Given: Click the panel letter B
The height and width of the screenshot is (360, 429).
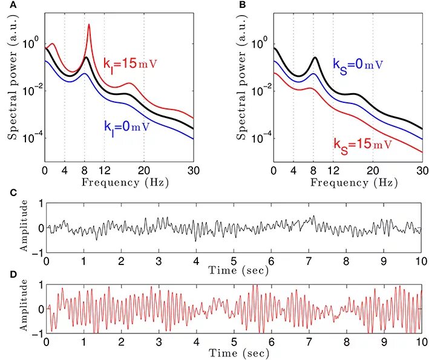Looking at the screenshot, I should tap(243, 5).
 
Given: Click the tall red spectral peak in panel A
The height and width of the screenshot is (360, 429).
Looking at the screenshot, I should tap(89, 25).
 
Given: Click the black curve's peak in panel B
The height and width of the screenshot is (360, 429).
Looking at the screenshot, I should tap(315, 57).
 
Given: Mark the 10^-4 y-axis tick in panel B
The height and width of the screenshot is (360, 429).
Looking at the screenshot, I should tap(260, 139).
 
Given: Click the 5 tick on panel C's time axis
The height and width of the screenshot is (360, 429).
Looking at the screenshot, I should tap(234, 260).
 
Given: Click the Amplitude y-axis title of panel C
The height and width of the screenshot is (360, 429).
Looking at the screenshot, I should tap(24, 228).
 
